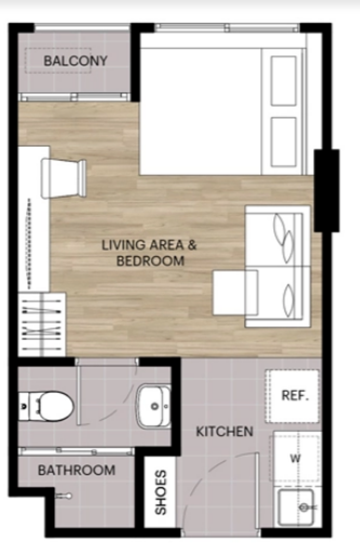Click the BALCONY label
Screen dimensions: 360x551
(x=75, y=61)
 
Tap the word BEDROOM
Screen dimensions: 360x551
(x=150, y=261)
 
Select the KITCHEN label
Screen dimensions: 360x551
(x=224, y=431)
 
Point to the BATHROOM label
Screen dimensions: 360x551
(x=77, y=470)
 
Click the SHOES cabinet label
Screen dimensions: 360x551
(x=160, y=492)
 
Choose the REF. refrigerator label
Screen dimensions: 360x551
(x=295, y=395)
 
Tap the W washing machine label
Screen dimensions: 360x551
(x=295, y=458)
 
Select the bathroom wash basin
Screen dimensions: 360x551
(x=154, y=406)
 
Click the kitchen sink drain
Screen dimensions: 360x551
(x=304, y=507)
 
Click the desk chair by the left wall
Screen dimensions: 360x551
(x=64, y=178)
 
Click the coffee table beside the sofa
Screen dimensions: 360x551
(x=236, y=292)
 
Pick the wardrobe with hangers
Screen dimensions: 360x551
(x=42, y=324)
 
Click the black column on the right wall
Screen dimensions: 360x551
(x=326, y=191)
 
